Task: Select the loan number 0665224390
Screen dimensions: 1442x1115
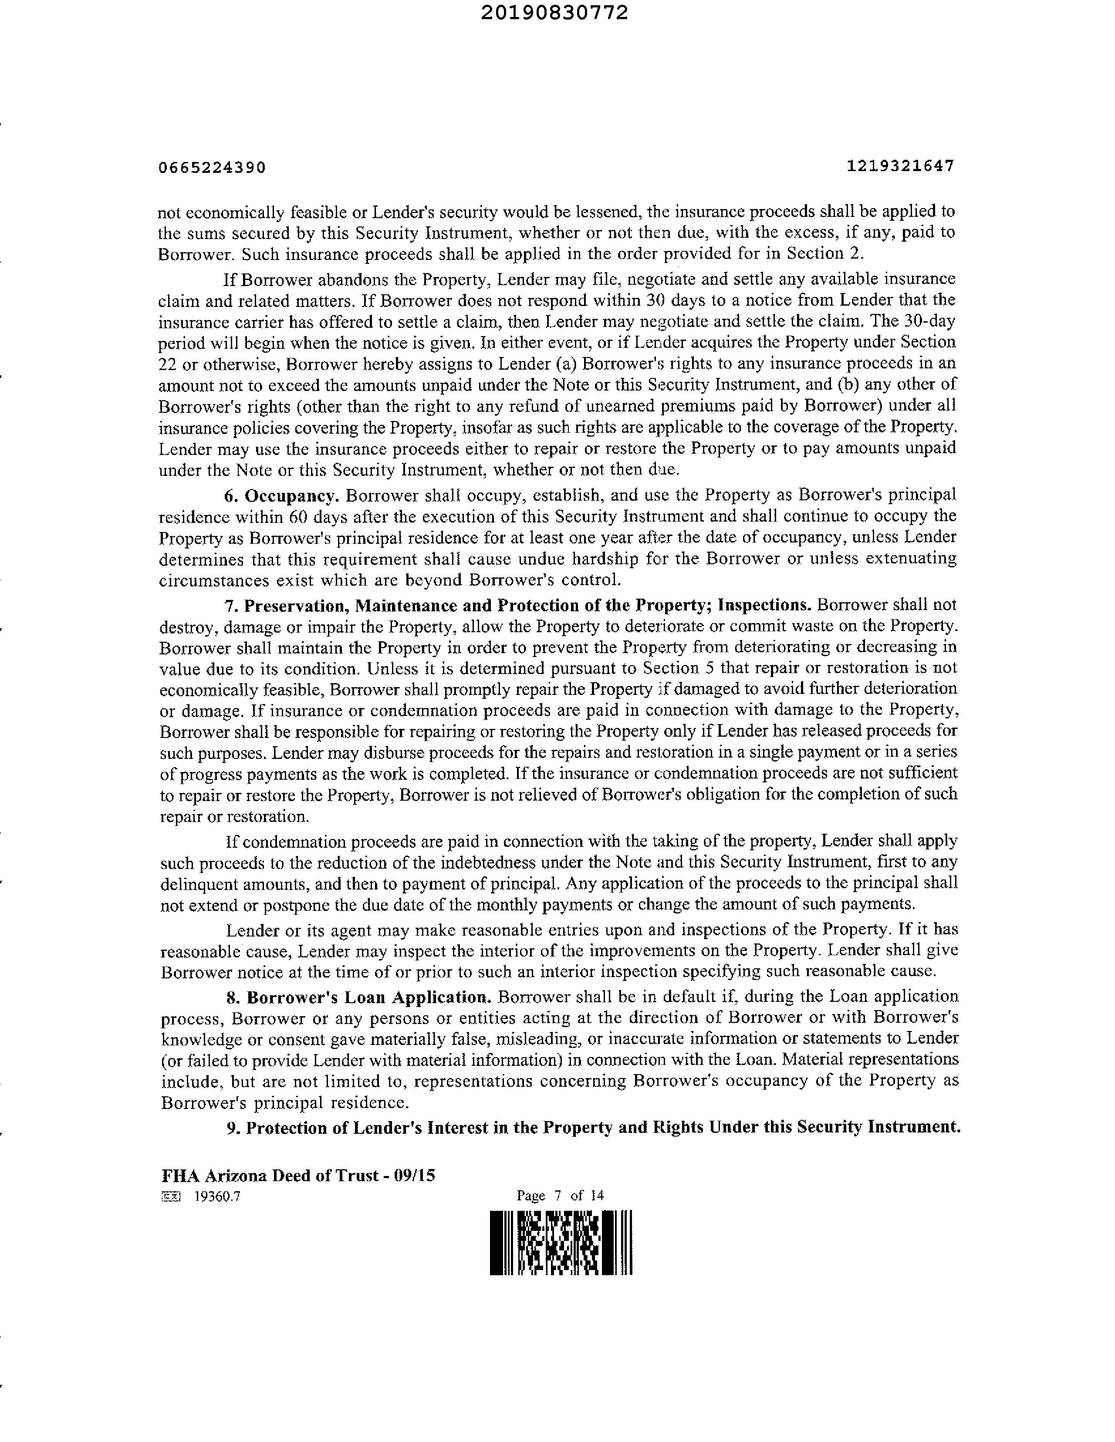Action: tap(212, 168)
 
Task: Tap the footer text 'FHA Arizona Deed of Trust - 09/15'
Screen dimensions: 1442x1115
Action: tap(298, 1175)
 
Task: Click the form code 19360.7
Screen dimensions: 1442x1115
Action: tap(217, 1196)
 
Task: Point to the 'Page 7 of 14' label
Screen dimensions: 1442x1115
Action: tap(560, 1195)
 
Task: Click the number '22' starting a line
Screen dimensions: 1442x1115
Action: tap(167, 364)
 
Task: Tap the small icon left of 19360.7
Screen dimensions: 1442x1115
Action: tap(170, 1196)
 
